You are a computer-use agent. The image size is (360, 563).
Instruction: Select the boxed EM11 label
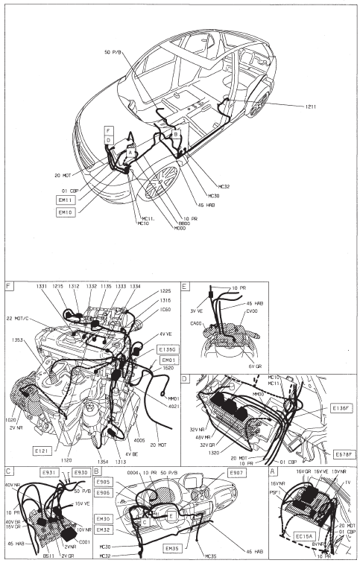(x=66, y=200)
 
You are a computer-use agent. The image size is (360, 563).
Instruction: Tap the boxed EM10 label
(x=66, y=212)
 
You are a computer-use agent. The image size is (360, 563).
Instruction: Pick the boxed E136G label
(x=168, y=349)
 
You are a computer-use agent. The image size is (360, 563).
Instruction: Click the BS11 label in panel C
(x=49, y=556)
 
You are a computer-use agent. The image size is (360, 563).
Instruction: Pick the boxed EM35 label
(x=171, y=549)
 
